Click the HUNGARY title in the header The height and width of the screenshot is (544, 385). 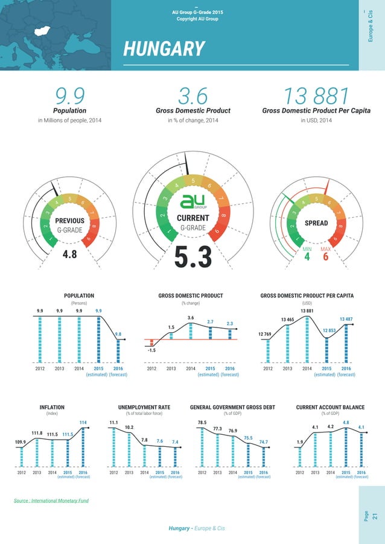coord(164,48)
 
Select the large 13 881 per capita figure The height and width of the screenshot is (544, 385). coord(316,95)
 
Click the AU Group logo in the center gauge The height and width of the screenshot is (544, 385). coord(193,201)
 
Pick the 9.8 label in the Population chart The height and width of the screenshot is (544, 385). coord(118,334)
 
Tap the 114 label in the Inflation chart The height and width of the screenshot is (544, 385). coord(83,422)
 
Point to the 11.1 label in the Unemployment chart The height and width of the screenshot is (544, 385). coord(113,422)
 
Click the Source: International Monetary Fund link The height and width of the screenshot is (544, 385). coord(51,501)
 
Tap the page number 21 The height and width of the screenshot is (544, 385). coord(375,516)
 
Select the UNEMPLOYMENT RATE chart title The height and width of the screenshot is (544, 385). coord(144,408)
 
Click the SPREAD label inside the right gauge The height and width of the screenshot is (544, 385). coord(316,223)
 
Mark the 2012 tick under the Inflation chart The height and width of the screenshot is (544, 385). coord(21,473)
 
